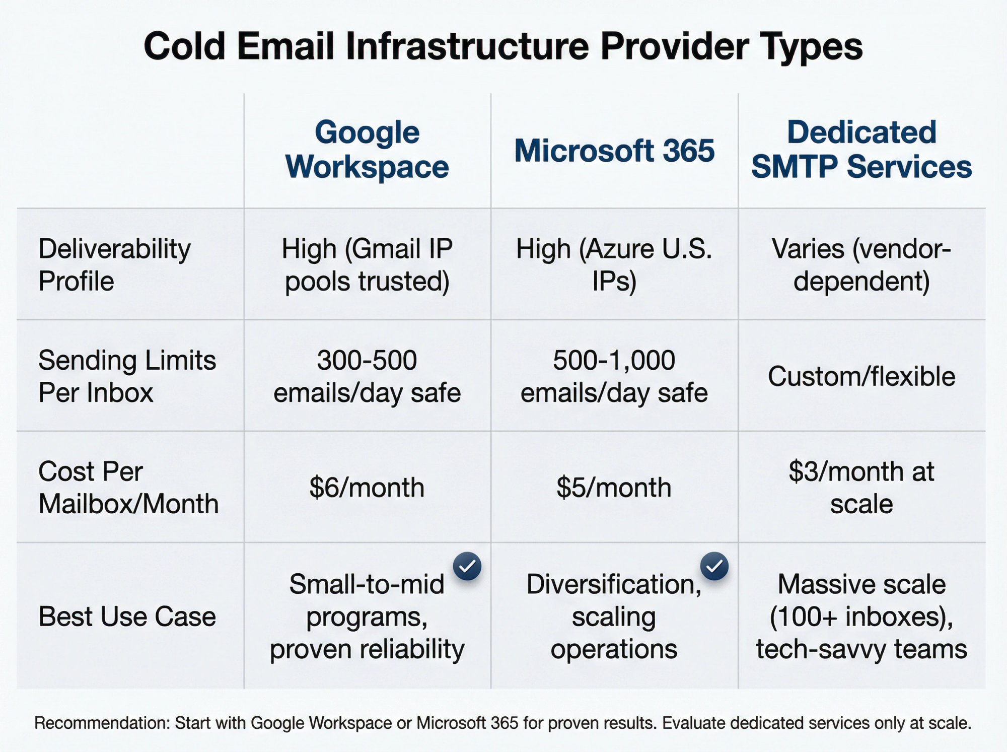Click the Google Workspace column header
coord(367,150)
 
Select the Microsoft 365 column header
coord(614,151)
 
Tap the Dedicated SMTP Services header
coord(861,150)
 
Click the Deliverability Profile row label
coord(115,264)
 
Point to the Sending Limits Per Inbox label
coord(127,376)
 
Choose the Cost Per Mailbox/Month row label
coord(128,488)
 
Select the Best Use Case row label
coord(127,616)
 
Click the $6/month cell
coord(367,488)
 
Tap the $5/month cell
coord(614,488)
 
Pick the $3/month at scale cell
coord(861,488)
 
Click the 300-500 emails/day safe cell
coord(367,376)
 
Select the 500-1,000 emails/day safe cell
coord(614,376)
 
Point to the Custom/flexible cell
coord(861,376)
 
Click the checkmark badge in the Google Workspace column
coord(467,566)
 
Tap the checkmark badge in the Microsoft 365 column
coord(714,566)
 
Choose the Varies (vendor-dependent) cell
coord(861,264)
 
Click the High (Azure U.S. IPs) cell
coord(614,264)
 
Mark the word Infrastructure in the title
coord(467,46)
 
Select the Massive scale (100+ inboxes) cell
coord(861,616)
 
